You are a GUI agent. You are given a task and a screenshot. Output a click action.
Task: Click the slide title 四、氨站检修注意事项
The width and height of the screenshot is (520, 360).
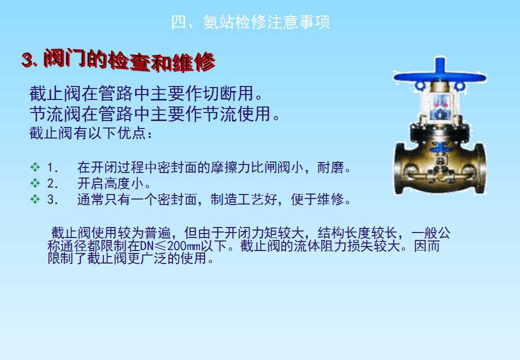pyautogui.click(x=250, y=22)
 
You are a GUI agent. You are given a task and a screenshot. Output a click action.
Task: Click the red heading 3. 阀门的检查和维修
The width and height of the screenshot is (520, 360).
pyautogui.click(x=118, y=60)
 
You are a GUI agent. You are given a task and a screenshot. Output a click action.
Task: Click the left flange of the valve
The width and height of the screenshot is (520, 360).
pyautogui.click(x=399, y=168)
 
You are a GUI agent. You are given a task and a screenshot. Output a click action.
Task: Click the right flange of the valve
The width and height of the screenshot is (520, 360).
pyautogui.click(x=479, y=168)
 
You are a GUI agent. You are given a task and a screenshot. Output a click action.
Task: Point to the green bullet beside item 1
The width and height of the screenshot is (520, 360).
pyautogui.click(x=35, y=167)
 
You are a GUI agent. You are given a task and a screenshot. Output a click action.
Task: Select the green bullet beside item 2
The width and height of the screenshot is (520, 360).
pyautogui.click(x=35, y=183)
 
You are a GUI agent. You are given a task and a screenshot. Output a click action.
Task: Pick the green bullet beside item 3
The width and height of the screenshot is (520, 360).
pyautogui.click(x=35, y=199)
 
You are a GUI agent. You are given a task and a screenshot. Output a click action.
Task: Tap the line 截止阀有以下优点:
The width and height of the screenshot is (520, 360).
pyautogui.click(x=90, y=133)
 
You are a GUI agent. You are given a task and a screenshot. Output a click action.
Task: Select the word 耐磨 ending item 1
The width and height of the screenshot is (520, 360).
pyautogui.click(x=330, y=167)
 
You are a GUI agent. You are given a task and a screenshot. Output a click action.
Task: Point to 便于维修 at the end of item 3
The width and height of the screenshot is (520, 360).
pyautogui.click(x=317, y=199)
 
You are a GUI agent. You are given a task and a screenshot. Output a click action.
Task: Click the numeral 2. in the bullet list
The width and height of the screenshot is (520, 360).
pyautogui.click(x=52, y=183)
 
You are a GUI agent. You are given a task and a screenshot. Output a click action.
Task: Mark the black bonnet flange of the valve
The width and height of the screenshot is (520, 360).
pyautogui.click(x=439, y=134)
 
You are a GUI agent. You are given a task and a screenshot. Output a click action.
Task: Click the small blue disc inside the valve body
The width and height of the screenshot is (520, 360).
pyautogui.click(x=439, y=148)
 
